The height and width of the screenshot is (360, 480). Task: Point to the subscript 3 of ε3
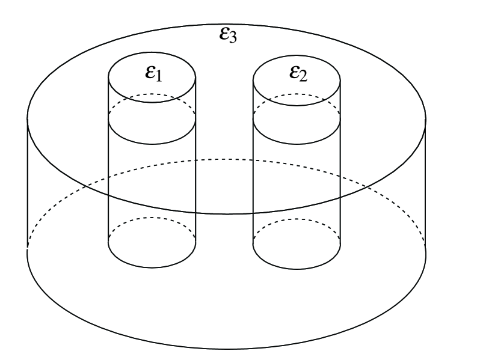tap(235, 40)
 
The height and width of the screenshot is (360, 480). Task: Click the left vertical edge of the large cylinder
tap(28, 180)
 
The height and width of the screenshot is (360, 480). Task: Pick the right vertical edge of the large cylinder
tap(426, 180)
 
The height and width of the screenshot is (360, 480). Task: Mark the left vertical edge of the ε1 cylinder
tap(108, 180)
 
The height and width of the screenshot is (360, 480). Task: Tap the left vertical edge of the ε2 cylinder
tap(253, 180)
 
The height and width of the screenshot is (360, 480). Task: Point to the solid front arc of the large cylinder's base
tap(227, 349)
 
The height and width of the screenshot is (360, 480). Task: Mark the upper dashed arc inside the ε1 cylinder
tap(152, 94)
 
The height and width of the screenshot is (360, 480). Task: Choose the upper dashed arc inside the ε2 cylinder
tap(297, 94)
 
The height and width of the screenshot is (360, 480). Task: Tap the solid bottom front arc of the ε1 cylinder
tap(152, 265)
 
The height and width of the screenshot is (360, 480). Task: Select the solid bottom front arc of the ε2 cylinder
tap(297, 265)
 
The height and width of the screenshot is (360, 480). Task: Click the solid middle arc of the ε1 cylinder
tap(152, 144)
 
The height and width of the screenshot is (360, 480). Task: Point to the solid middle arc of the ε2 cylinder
tap(297, 144)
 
